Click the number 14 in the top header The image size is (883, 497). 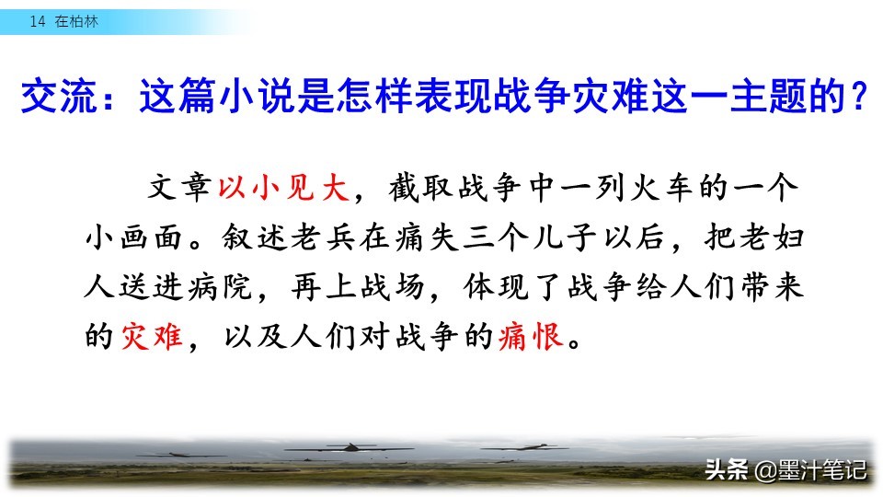coord(37,21)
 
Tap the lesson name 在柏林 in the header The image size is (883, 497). coord(76,21)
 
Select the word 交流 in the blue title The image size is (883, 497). coord(59,96)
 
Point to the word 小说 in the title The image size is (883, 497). coord(257,96)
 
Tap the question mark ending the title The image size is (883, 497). coord(858,96)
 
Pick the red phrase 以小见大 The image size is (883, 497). coord(283,188)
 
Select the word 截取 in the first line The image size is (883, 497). coord(419,188)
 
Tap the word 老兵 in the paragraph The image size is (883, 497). coord(323,237)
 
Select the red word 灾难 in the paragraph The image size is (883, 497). coord(152,336)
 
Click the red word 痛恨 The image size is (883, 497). coord(531,336)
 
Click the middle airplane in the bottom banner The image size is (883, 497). coord(350,448)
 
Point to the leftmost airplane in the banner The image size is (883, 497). coord(180,454)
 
